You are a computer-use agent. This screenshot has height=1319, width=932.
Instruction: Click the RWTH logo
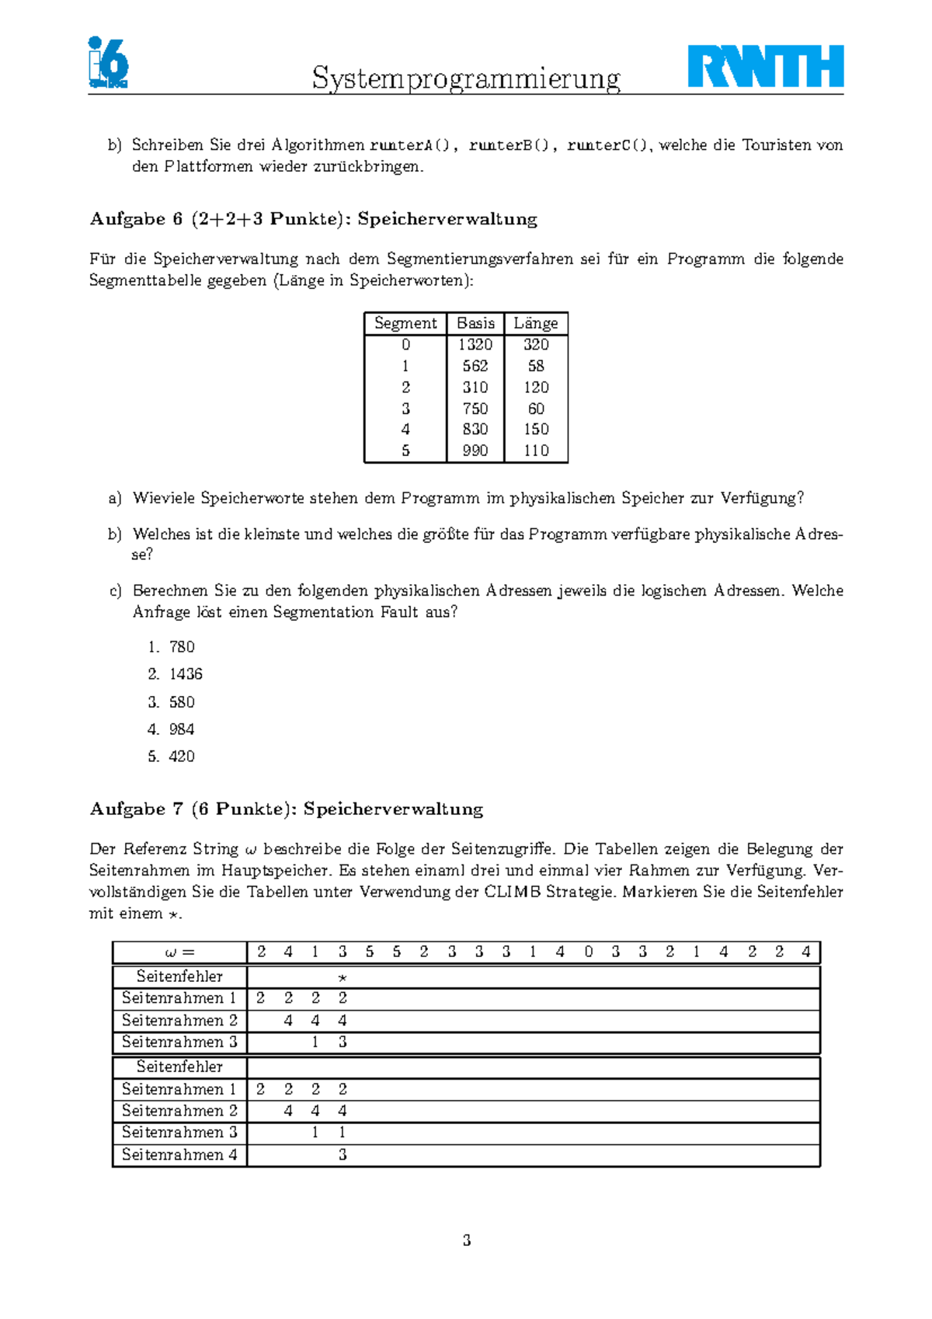point(765,66)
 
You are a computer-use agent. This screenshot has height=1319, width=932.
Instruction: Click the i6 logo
point(107,62)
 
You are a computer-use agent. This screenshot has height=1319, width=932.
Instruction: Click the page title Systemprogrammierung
point(466,78)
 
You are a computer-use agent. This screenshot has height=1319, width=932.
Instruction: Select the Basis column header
point(475,323)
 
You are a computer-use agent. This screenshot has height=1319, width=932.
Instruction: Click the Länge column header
point(536,323)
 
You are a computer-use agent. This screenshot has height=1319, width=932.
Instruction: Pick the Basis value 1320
point(475,345)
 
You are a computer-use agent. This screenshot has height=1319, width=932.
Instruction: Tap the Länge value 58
point(536,366)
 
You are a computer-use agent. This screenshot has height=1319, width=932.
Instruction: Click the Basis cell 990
point(475,451)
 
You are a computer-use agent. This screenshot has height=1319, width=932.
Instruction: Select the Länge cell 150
point(536,430)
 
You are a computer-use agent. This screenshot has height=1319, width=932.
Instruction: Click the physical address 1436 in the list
point(186,674)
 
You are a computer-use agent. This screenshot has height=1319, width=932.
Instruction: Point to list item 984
point(182,729)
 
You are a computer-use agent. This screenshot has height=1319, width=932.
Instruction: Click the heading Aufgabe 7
point(286,809)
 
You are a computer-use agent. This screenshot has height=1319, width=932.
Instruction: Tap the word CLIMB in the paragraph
point(512,892)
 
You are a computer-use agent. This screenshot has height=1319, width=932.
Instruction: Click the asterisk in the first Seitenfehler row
point(343,978)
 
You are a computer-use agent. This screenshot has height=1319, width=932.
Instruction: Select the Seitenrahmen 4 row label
point(179,1155)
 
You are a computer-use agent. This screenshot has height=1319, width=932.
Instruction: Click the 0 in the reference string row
point(588,952)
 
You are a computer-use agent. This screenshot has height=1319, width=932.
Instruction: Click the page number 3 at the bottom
point(466,1241)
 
